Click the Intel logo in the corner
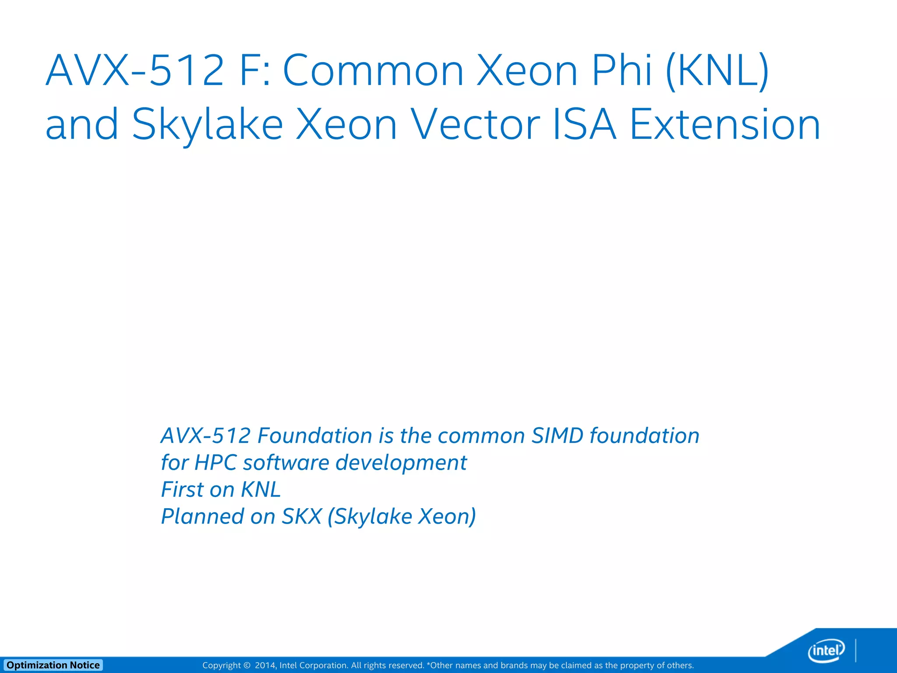826,651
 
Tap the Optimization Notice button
53,665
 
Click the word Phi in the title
622,70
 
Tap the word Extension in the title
725,125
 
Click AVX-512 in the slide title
135,70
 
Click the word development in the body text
401,463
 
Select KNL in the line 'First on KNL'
261,490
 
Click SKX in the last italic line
302,517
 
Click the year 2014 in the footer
265,666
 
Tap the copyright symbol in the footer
247,666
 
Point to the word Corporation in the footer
324,666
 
